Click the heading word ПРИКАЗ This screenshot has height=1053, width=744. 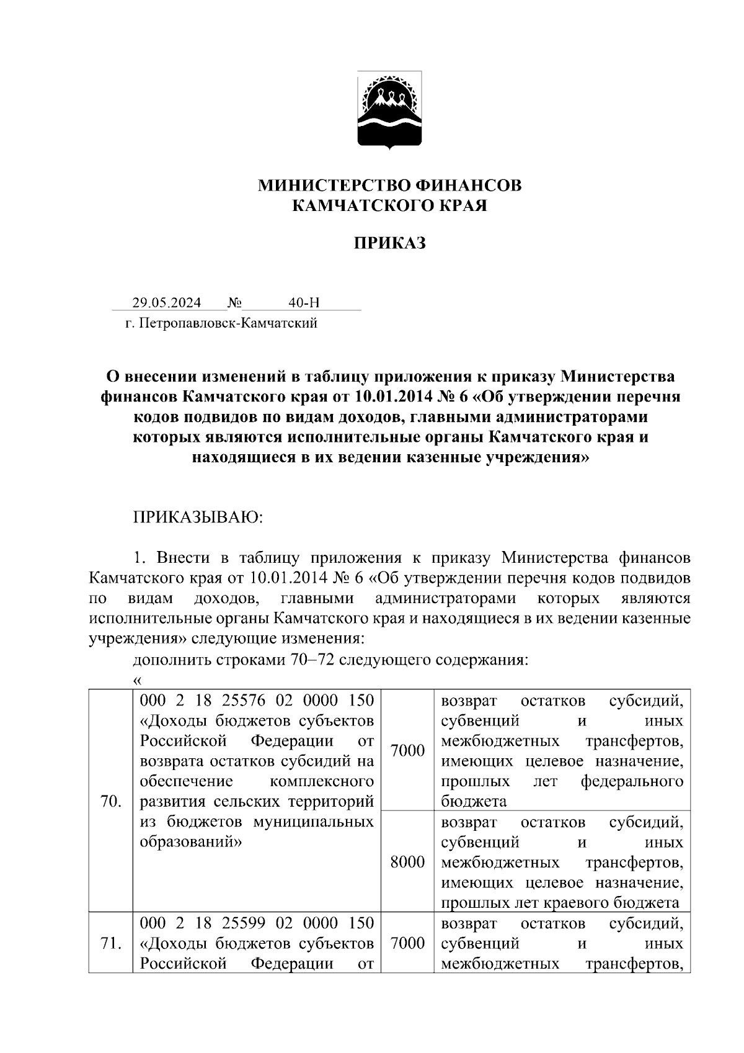click(x=389, y=243)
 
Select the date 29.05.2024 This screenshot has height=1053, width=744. click(x=166, y=303)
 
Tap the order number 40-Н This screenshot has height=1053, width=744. click(x=304, y=303)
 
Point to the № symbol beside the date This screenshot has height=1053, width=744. click(x=234, y=303)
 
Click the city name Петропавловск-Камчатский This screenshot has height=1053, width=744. click(x=229, y=323)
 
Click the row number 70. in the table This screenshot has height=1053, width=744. click(x=110, y=802)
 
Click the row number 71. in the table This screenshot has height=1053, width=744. click(x=110, y=944)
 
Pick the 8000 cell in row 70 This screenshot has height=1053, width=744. click(x=407, y=862)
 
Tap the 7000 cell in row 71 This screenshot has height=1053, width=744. click(x=407, y=944)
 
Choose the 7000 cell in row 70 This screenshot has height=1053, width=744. click(x=407, y=751)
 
